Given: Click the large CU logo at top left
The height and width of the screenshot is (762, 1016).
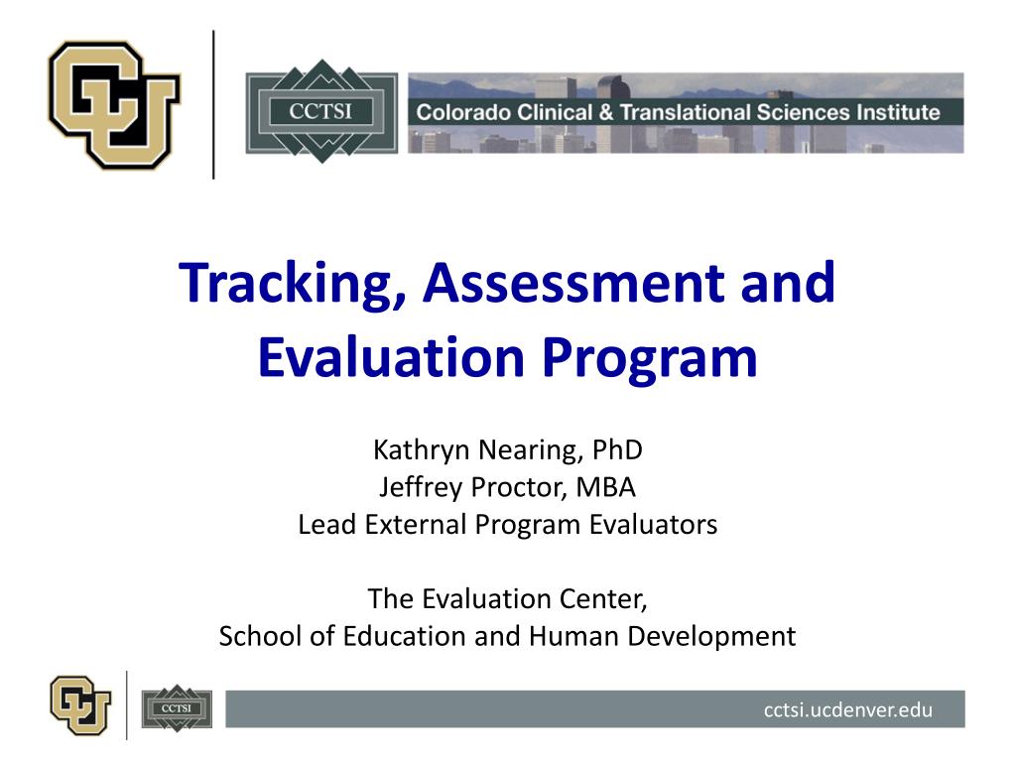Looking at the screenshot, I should [115, 105].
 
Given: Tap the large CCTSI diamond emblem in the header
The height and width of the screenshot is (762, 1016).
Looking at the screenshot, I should [320, 110].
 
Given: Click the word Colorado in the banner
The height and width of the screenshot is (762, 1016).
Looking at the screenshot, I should [463, 112].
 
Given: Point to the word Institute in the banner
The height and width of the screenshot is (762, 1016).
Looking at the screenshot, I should [896, 112].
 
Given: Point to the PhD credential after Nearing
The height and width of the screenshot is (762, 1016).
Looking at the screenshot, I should [618, 450].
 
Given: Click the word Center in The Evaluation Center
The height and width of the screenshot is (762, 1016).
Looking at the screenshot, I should [615, 599].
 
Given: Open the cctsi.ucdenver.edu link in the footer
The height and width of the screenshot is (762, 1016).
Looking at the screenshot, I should [848, 709].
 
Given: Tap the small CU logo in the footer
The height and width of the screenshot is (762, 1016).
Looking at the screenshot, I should [81, 703].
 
